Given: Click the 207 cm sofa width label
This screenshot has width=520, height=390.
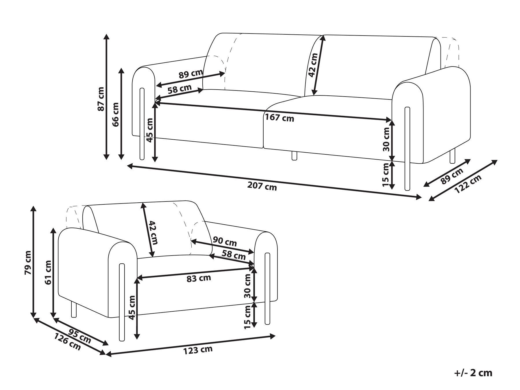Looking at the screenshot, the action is click(262, 187).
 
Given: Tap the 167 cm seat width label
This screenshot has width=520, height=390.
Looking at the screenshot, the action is click(279, 117).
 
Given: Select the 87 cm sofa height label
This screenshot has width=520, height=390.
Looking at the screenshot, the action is click(101, 99).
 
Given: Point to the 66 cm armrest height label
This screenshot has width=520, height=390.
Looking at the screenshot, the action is click(115, 114).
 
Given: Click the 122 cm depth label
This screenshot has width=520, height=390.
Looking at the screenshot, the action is click(468, 184).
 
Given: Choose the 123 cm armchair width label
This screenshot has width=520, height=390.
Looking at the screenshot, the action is click(198, 350).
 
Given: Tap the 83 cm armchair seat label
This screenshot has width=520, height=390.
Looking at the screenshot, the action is click(199, 278).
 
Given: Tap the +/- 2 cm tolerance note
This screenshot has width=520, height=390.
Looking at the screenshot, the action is click(473, 373).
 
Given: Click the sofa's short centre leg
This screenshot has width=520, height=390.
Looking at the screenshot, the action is click(294, 156).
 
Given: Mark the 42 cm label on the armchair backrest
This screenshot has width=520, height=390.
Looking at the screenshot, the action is click(153, 233).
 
